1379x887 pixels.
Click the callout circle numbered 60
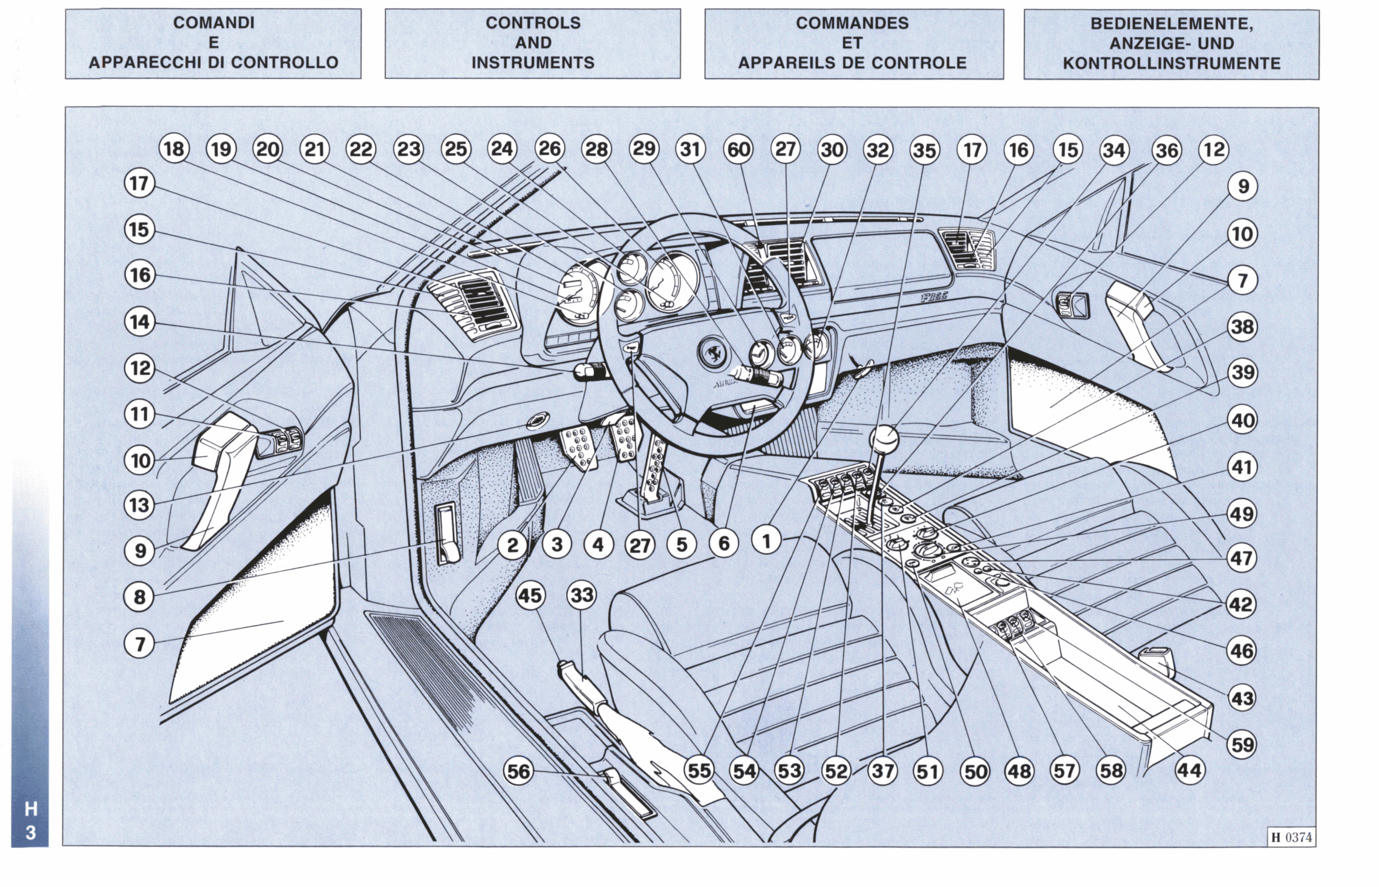pos(739,150)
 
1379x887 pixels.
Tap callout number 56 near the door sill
pos(518,771)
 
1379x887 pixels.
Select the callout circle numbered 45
pos(530,595)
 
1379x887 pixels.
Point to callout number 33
pos(581,595)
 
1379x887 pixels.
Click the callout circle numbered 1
pos(766,541)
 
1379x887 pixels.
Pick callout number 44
pos(1189,770)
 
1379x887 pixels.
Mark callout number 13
pos(140,505)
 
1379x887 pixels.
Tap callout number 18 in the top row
pos(174,149)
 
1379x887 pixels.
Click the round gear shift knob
pos(883,440)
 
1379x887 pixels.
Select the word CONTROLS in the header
pos(533,23)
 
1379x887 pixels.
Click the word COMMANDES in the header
pos(852,23)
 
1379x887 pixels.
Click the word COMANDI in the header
pos(214,23)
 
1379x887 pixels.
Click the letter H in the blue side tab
pos(31,809)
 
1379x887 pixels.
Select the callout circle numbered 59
pos(1242,744)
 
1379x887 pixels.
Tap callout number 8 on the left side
pos(140,597)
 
